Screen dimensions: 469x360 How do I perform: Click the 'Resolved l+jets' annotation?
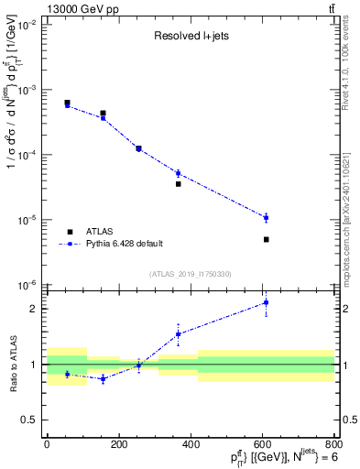pos(190,37)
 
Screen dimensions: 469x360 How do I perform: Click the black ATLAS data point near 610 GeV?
pos(266,239)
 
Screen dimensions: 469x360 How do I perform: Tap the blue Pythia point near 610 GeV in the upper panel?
pos(266,218)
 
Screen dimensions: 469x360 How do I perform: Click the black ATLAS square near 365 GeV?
pos(178,184)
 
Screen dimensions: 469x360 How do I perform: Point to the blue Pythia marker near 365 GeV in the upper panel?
pos(178,173)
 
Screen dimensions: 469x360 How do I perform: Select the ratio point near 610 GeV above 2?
pos(266,302)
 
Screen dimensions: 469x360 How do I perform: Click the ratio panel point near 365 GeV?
pos(178,333)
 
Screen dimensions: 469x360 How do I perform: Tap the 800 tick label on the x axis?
pos(333,445)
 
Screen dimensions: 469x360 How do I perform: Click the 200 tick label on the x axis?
pos(118,445)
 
